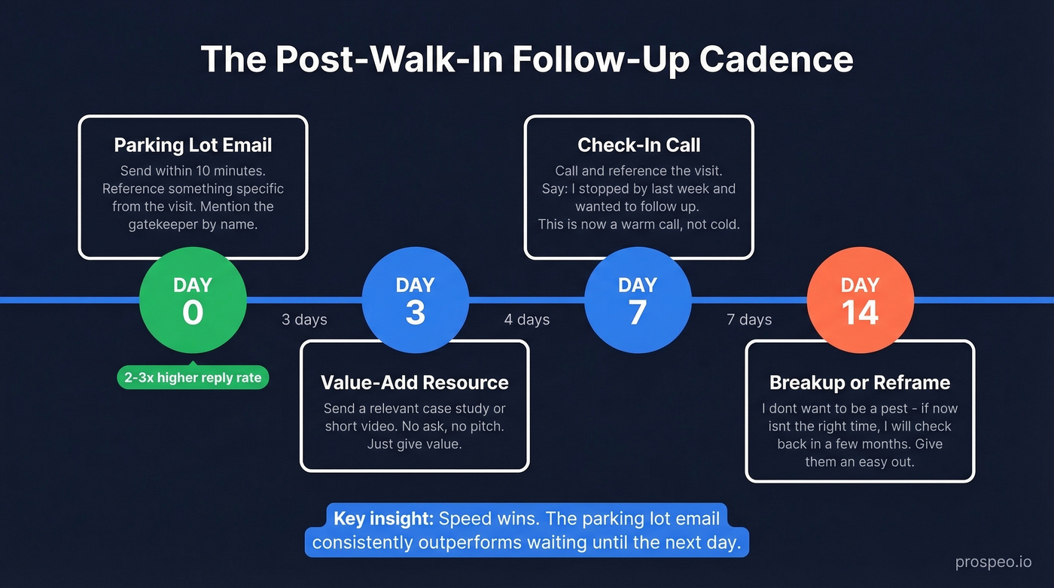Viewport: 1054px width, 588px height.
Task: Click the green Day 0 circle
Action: click(x=193, y=300)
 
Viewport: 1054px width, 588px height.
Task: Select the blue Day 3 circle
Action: click(x=415, y=300)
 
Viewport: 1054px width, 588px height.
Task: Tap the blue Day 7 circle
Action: click(x=638, y=300)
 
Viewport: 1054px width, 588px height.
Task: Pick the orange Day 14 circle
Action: click(x=860, y=300)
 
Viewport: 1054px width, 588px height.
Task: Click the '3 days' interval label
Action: click(x=304, y=320)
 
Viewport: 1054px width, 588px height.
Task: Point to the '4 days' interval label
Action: click(x=527, y=320)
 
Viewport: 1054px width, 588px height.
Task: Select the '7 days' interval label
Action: click(x=749, y=320)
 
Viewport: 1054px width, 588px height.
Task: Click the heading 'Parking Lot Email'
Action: click(x=193, y=145)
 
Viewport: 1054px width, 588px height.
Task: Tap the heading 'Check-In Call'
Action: click(x=638, y=145)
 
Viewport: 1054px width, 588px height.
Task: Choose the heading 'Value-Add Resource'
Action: click(x=415, y=382)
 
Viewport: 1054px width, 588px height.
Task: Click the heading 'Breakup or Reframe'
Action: click(x=860, y=382)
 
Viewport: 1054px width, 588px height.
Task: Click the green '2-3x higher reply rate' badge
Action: click(x=193, y=378)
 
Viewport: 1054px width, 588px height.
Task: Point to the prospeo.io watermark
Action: click(x=993, y=562)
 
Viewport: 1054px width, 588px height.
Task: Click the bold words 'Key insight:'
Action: click(x=383, y=519)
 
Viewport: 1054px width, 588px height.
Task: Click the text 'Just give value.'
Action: click(x=415, y=444)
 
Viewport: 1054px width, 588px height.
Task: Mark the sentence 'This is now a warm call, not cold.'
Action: click(x=638, y=224)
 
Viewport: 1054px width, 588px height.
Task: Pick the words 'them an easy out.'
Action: click(x=860, y=462)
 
